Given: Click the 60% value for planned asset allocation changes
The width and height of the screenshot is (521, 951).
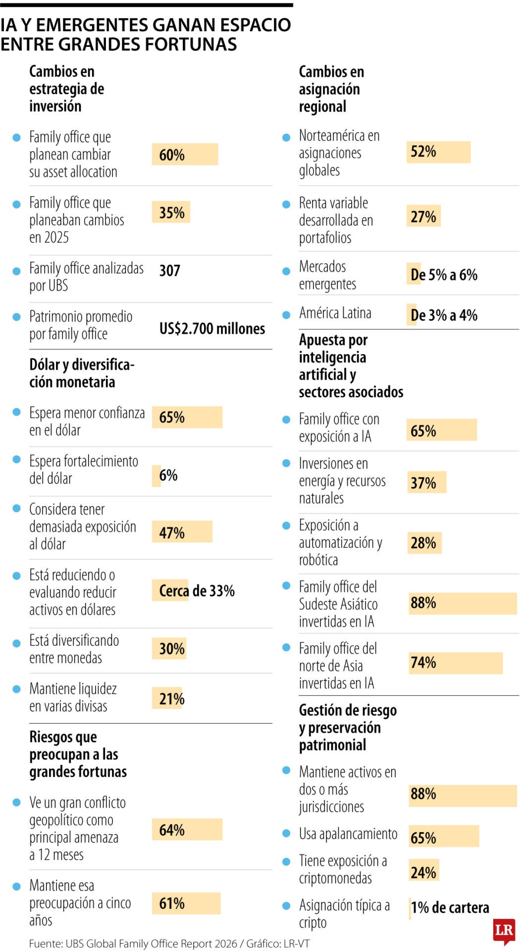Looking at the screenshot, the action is coord(172,155).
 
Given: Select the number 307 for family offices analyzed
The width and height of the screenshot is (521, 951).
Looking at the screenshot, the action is coord(169,270).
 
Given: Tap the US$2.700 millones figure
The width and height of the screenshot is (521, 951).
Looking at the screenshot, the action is coord(212,328).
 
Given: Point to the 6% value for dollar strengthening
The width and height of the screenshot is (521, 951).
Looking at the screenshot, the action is coord(168,475).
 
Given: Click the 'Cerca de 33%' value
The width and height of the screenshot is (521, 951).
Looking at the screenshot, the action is coord(197,590).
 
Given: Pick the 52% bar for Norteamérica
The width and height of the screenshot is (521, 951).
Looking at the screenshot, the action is coord(438,152).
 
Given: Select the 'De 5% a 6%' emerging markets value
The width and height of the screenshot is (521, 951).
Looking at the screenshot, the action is coord(444,275).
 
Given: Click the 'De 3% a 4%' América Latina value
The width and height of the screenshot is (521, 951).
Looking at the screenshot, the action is coord(444,315).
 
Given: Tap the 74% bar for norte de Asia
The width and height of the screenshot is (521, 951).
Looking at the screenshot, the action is coord(456,663).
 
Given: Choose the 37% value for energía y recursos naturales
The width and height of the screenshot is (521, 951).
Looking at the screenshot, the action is coord(423,483).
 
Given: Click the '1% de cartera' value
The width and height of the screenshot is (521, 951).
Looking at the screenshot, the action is coord(450,907).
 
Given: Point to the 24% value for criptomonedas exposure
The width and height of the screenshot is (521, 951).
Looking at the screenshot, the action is coord(423,872).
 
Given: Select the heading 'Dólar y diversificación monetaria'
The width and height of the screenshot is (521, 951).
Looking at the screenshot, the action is coord(82,373).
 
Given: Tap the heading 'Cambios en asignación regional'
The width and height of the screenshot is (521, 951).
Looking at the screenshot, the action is coord(331,89).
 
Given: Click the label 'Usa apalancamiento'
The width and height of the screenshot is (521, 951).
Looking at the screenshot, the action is coord(348,834).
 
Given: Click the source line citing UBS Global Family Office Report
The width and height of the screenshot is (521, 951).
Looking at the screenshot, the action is coord(169,944).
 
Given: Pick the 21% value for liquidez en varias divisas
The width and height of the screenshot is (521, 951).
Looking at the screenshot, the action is coord(172,699).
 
